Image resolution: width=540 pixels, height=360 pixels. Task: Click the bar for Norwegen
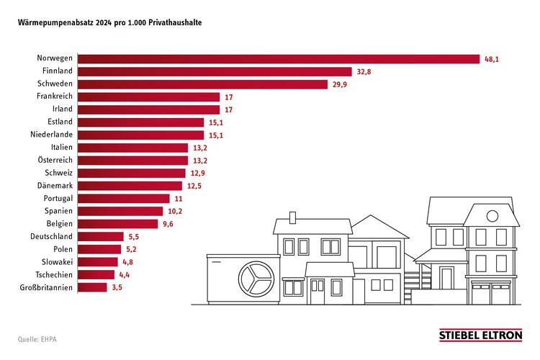pyautogui.click(x=278, y=58)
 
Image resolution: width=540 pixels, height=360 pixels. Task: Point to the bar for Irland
pyautogui.click(x=148, y=109)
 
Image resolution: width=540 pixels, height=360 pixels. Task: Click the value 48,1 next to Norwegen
pyautogui.click(x=492, y=59)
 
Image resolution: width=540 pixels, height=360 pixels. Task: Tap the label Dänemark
pyautogui.click(x=55, y=186)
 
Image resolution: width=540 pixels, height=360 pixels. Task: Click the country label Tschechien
pyautogui.click(x=53, y=274)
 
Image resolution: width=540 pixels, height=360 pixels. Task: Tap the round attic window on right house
pyautogui.click(x=492, y=215)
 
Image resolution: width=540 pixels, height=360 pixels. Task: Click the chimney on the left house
pyautogui.click(x=292, y=217)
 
